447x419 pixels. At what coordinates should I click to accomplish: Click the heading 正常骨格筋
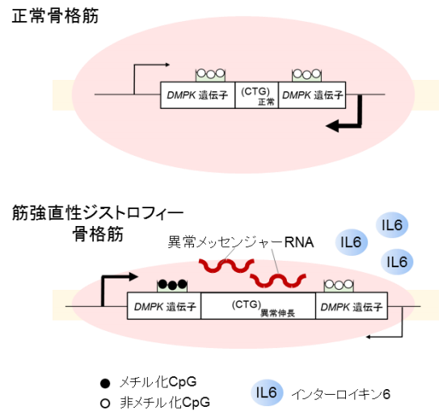click(x=55, y=15)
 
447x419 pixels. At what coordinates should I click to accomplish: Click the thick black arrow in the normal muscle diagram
click(x=345, y=121)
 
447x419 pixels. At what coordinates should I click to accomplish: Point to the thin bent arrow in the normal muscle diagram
click(x=150, y=74)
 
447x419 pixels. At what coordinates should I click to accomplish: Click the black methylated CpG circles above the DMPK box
click(x=171, y=285)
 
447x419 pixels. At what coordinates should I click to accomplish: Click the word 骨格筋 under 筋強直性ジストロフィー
click(x=96, y=235)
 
